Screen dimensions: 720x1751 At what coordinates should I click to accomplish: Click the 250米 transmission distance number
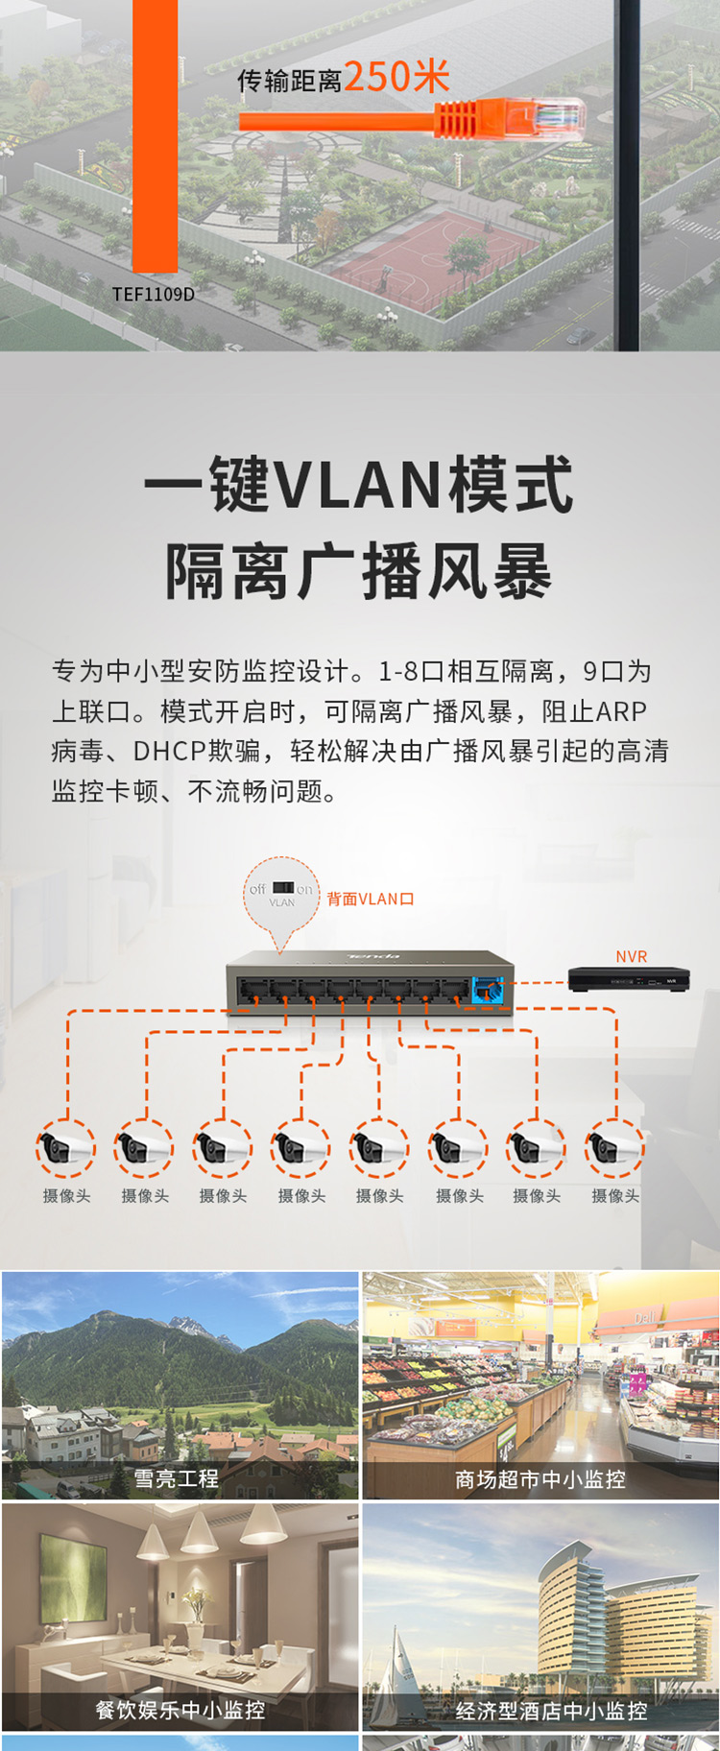[396, 77]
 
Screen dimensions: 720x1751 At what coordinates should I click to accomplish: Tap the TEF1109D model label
[153, 294]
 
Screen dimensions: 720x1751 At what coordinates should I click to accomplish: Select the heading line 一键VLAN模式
[359, 484]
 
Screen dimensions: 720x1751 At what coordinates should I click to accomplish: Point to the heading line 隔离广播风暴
[359, 570]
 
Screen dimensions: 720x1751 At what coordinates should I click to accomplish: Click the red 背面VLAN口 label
[371, 899]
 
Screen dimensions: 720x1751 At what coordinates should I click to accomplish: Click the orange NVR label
[632, 956]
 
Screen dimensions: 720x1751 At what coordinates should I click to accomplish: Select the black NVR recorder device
[629, 979]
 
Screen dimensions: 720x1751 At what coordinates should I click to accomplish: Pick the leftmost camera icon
[66, 1147]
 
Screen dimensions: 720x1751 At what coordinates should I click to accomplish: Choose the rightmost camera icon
[615, 1147]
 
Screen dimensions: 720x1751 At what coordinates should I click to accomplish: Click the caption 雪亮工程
[177, 1478]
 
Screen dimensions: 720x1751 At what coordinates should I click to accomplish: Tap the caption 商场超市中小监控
[540, 1478]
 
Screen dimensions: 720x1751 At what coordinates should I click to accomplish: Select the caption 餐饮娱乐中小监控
[180, 1710]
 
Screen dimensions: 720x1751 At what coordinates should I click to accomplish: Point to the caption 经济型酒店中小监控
[551, 1710]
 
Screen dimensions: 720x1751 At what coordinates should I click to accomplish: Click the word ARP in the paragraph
[621, 711]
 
